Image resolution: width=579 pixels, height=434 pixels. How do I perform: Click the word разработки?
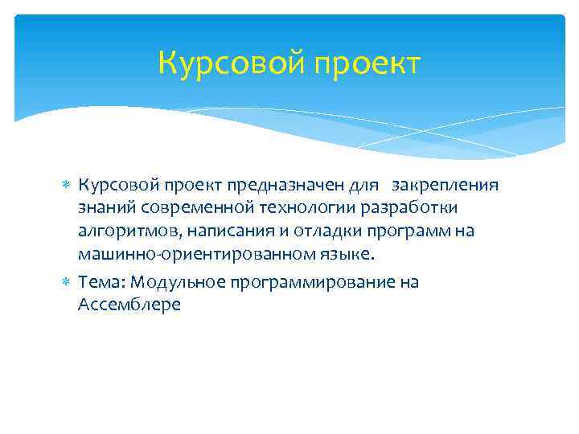(x=411, y=209)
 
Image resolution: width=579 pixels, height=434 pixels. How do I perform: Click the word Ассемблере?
(x=129, y=305)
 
